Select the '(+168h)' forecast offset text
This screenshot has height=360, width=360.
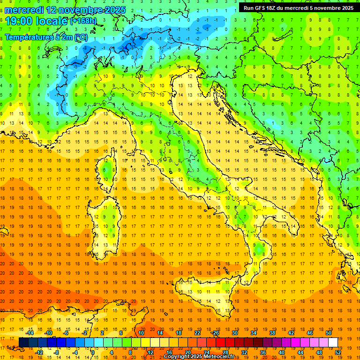pos(83,21)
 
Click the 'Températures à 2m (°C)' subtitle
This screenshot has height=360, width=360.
pos(45,37)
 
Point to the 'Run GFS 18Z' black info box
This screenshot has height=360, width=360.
pos(299,8)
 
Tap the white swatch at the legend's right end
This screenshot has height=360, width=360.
pos(333,342)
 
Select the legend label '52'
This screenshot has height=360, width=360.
pos(338,352)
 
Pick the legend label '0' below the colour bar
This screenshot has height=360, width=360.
pos(93,352)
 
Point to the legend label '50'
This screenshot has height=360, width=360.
pos(329,333)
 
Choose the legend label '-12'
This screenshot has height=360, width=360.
pos(39,352)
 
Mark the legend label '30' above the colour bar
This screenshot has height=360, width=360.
pos(234,333)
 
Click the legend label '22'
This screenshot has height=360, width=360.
pos(197,333)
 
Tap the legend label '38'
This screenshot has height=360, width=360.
pos(272,333)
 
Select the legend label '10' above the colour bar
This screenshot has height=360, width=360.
pos(141,333)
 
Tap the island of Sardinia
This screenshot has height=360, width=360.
pos(106,220)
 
